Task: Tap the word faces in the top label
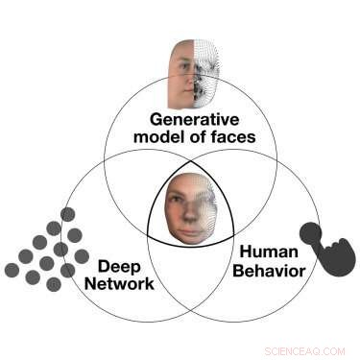[235, 136]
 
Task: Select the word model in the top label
[171, 136]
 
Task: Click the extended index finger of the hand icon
[309, 230]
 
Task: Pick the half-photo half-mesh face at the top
[194, 73]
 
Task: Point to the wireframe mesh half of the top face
[207, 73]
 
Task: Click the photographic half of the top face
[180, 73]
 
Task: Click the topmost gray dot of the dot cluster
[68, 214]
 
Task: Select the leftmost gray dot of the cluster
[12, 270]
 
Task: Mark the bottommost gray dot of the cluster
[54, 284]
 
